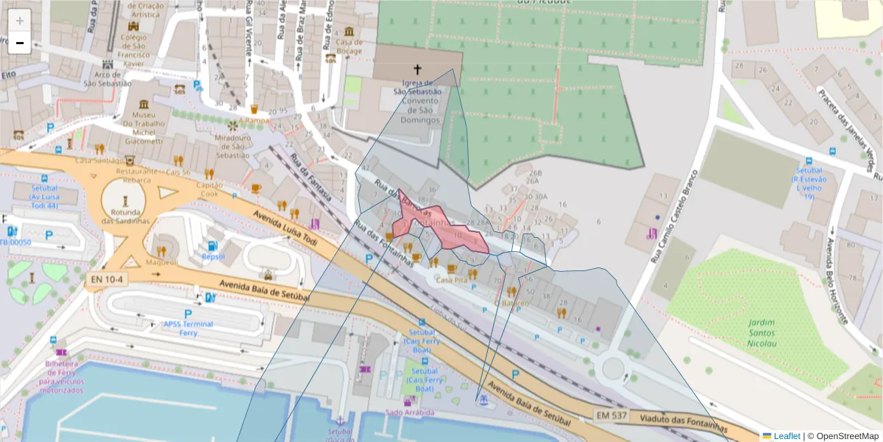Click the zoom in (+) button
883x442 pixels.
[x=20, y=21]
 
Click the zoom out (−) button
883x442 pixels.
[x=20, y=43]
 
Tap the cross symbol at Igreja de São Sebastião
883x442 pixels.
[x=417, y=70]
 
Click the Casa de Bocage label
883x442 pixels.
[x=350, y=46]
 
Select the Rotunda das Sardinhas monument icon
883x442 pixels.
[x=125, y=200]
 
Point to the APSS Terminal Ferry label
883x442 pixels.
[x=188, y=329]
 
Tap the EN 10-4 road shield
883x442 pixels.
[x=107, y=280]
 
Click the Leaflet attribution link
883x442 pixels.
[x=787, y=436]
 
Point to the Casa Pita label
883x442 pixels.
[x=452, y=281]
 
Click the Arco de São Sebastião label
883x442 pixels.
[x=107, y=79]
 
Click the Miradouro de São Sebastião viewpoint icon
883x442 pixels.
[x=233, y=126]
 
